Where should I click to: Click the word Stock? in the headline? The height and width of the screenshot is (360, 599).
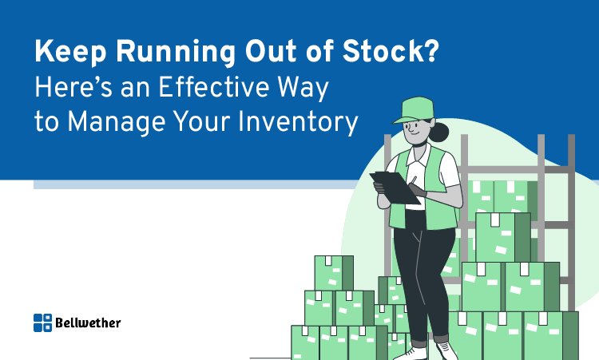click(391, 52)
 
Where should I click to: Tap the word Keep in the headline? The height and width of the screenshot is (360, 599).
click(70, 53)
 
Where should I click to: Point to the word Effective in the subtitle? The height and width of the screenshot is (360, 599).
click(213, 87)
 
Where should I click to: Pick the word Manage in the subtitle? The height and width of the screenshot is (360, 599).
click(116, 123)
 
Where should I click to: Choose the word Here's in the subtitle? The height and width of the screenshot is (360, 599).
click(73, 87)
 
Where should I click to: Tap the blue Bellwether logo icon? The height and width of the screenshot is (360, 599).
click(43, 322)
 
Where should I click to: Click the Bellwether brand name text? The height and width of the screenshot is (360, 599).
click(88, 322)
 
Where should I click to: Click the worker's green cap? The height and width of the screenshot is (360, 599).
click(415, 110)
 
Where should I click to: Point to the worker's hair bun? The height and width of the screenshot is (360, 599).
click(439, 132)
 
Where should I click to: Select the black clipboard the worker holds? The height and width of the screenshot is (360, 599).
click(395, 188)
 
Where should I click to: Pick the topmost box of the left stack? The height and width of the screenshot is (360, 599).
click(334, 273)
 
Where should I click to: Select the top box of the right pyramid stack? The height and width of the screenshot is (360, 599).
click(503, 237)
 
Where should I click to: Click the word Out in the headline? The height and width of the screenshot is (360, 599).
click(271, 52)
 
